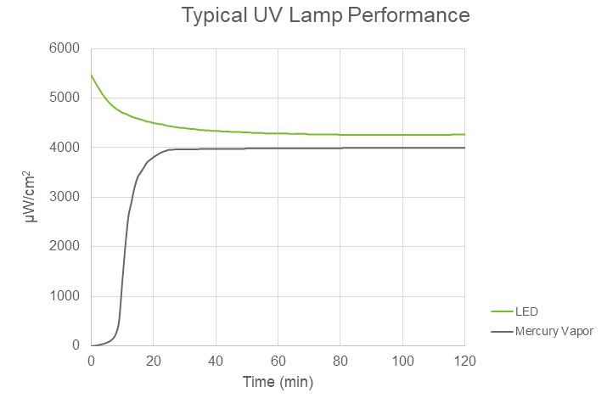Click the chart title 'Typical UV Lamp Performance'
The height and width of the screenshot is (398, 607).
point(325,16)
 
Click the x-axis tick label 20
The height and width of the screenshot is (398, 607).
point(153,360)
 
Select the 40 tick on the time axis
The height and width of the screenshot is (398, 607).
point(216,360)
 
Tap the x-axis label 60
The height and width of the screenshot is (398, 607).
point(278,360)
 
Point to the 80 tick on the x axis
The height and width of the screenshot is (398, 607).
point(340,360)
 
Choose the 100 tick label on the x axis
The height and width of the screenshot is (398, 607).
point(402,360)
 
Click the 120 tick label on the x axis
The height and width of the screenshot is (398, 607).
point(464,360)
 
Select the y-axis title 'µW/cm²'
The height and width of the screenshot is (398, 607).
point(32,197)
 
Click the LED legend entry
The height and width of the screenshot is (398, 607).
point(526,311)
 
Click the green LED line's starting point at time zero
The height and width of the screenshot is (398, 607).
point(91,76)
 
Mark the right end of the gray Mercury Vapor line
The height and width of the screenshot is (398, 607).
point(464,148)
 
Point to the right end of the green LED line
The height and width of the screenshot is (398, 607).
point(464,134)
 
